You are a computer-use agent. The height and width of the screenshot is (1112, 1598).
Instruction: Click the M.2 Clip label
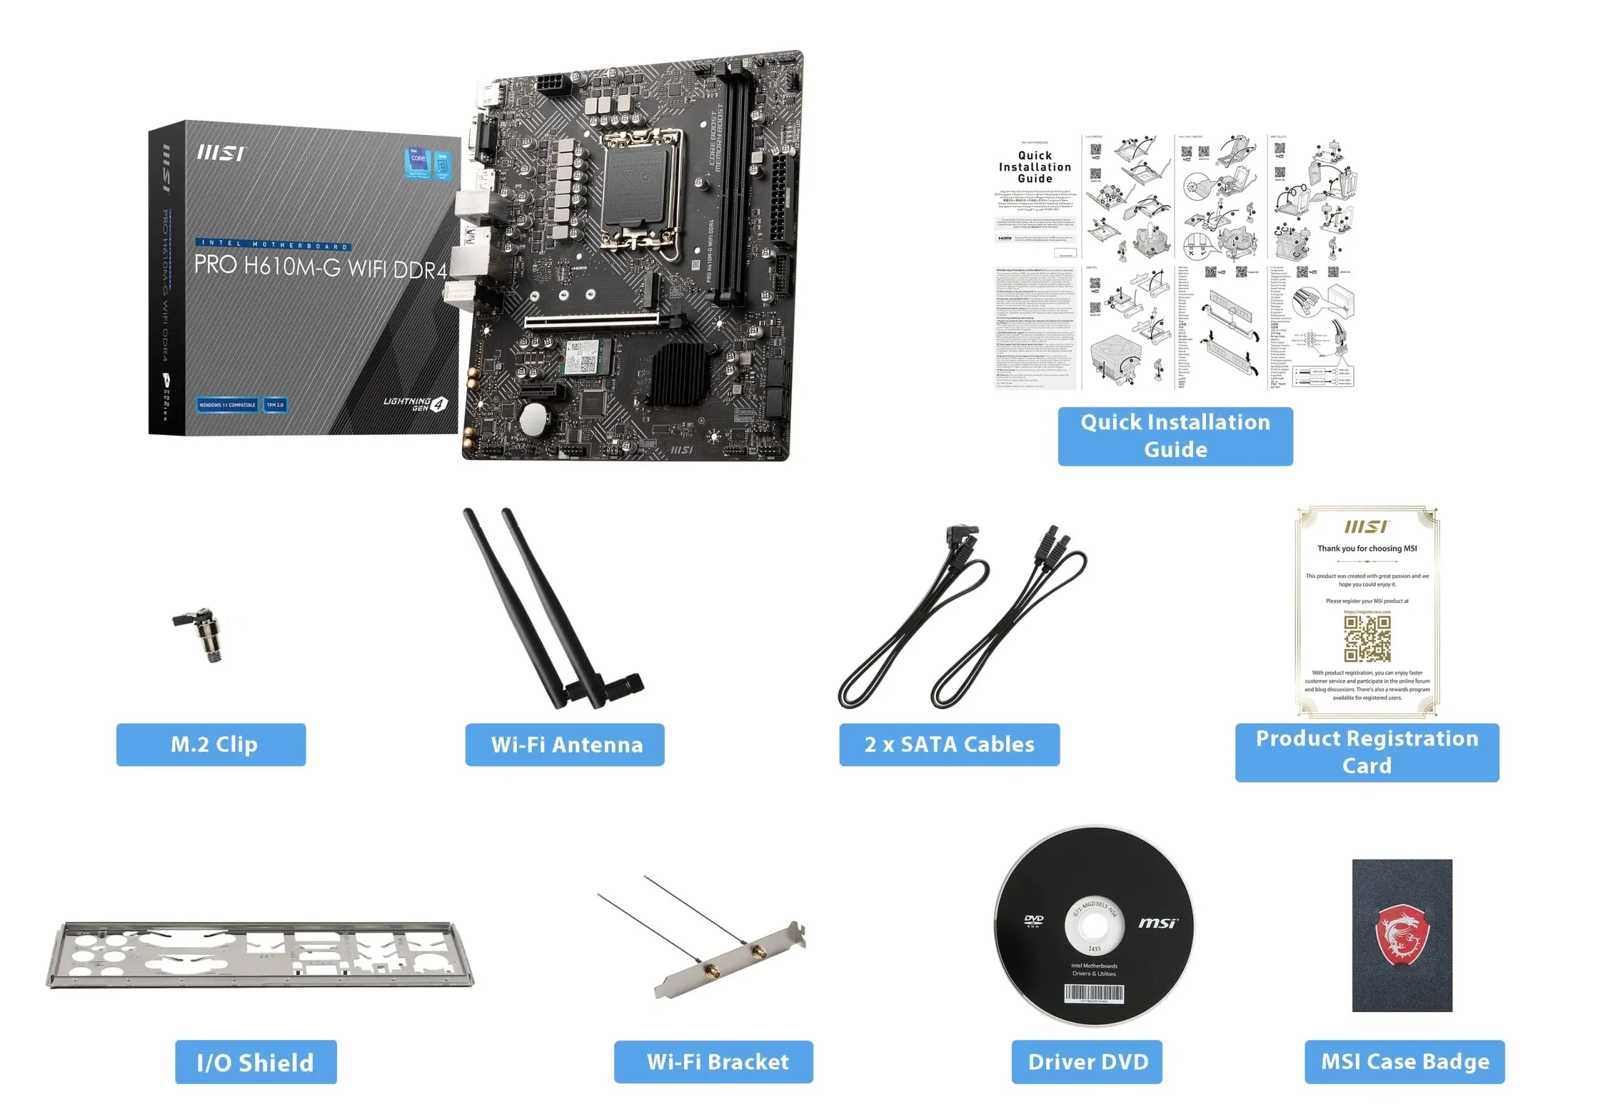point(211,744)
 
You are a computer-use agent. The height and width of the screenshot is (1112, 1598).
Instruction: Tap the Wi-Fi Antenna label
point(564,744)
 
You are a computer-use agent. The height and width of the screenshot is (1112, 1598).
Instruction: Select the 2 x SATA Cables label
point(949,744)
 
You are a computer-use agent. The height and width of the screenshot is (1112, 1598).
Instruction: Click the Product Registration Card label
point(1366,752)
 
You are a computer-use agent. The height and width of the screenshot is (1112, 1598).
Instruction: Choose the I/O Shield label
point(255,1062)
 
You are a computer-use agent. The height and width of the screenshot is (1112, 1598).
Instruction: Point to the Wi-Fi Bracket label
point(713,1061)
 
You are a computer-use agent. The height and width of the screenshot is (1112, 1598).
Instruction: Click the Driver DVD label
point(1086,1061)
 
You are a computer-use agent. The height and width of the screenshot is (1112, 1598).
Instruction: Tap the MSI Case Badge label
point(1404,1061)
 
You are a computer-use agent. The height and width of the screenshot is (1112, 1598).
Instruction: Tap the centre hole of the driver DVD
point(1094,926)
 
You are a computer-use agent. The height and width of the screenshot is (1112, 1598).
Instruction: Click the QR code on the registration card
point(1367,638)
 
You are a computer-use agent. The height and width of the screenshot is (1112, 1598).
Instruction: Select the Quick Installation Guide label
point(1175,436)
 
